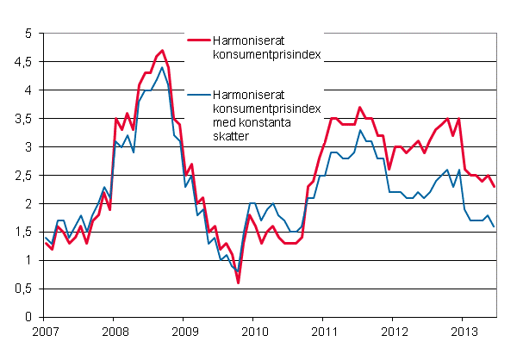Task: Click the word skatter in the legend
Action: pyautogui.click(x=237, y=135)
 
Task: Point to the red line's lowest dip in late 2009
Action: pyautogui.click(x=238, y=282)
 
